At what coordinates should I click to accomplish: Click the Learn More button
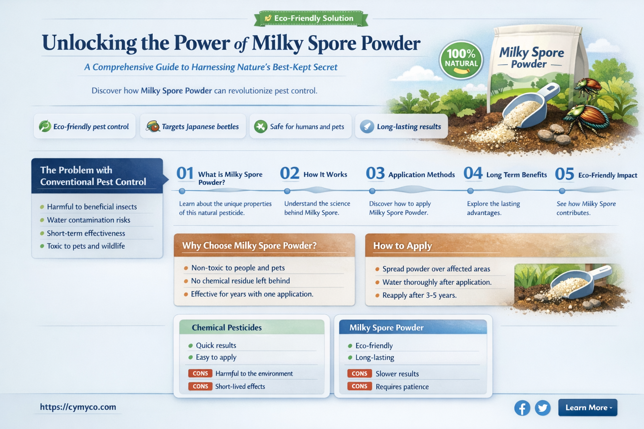[587, 408]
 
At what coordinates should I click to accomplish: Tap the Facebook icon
[522, 408]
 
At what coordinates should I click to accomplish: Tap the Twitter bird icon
[543, 408]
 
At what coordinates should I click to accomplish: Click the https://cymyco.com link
[78, 407]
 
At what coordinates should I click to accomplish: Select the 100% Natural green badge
[461, 60]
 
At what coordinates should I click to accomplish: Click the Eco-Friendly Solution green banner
[311, 18]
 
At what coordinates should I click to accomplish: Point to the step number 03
[375, 173]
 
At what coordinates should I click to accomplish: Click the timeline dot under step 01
[182, 191]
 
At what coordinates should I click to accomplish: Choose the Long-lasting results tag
[401, 127]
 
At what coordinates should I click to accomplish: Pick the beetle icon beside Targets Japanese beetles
[153, 127]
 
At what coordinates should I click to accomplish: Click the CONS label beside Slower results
[359, 374]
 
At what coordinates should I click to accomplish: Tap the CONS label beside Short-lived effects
[200, 386]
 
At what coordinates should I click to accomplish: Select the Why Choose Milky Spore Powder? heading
[249, 246]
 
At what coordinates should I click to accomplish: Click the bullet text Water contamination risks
[88, 220]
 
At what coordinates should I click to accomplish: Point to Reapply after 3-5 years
[419, 295]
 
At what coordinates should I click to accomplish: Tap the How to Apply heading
[402, 246]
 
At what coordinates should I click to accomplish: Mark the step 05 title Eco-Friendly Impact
[608, 175]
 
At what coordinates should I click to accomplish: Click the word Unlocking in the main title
[89, 43]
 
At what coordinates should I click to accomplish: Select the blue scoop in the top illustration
[529, 105]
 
